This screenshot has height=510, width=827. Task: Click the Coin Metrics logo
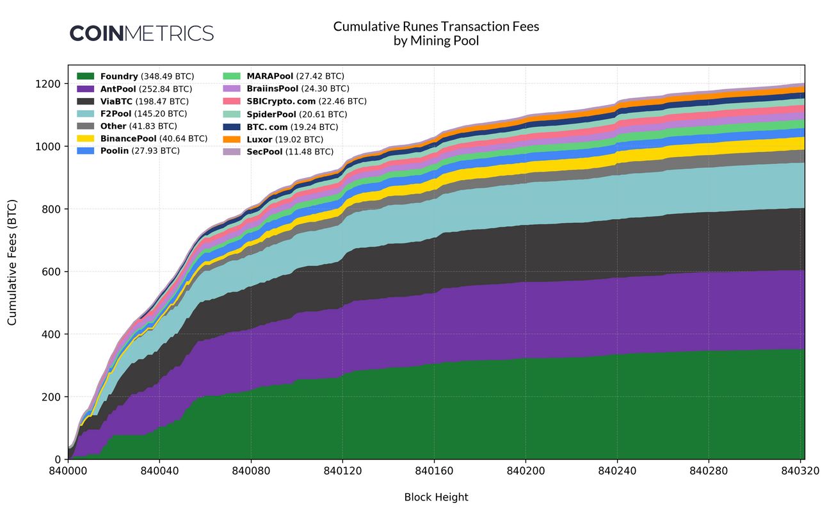point(141,33)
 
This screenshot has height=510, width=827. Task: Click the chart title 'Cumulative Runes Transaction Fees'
point(436,27)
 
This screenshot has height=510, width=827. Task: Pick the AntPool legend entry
point(146,89)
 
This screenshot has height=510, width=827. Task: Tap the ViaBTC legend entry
point(145,101)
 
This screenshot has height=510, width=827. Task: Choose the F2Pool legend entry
point(143,114)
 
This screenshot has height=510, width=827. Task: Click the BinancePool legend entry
point(154,138)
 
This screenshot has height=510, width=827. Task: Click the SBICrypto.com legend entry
point(306,101)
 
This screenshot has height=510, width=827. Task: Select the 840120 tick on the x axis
point(342,471)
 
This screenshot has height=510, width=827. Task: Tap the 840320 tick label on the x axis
point(801,471)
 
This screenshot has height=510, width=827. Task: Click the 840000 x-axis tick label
point(68,471)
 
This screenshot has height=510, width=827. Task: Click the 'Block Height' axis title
point(436,497)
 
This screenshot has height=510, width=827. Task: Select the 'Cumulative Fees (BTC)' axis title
point(12,262)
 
